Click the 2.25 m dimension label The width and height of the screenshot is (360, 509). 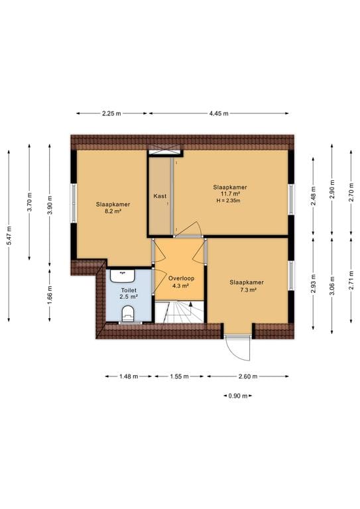(111, 113)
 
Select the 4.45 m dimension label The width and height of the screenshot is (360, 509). (219, 113)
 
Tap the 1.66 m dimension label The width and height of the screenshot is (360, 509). (49, 296)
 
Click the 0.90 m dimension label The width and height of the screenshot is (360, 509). (238, 396)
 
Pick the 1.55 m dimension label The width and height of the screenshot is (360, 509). (179, 376)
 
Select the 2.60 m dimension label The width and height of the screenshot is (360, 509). (248, 376)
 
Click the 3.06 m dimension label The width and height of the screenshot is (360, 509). (331, 286)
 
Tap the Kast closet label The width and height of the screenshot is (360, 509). (160, 196)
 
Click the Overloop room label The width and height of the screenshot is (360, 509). (181, 278)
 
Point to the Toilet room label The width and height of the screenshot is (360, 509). (129, 290)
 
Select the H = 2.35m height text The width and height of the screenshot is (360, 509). (228, 201)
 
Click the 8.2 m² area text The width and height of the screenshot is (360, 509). (113, 211)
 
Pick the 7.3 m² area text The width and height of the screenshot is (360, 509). (247, 290)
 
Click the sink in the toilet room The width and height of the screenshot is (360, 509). (123, 276)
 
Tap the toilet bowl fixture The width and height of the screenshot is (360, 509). (127, 313)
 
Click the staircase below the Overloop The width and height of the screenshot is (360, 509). (179, 312)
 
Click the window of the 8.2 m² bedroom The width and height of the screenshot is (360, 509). (74, 203)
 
